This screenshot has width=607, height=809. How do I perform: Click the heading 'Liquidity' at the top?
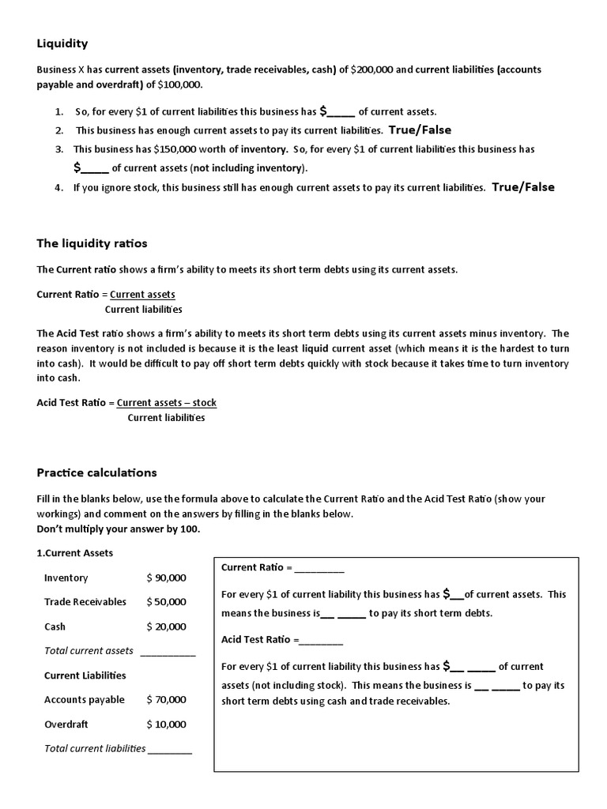coord(62,43)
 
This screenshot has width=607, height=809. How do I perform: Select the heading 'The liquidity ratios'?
coord(92,243)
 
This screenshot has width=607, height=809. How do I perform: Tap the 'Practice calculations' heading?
coord(96,472)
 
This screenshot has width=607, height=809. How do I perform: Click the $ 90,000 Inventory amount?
coord(167,578)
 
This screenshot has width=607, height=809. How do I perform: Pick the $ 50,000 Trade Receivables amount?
coord(167,602)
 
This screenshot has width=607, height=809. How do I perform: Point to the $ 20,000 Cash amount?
coord(167,627)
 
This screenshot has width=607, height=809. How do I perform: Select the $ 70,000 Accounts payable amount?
coord(167,699)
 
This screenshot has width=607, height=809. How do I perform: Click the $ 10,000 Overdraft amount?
coord(167,724)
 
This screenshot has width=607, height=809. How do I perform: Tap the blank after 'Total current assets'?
coord(168,653)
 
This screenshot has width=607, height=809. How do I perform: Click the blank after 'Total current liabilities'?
coord(170,750)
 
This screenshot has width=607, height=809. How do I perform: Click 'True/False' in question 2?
coord(420,130)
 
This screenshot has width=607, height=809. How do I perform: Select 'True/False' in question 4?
coord(523,187)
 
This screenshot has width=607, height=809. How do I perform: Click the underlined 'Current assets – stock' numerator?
coord(167,403)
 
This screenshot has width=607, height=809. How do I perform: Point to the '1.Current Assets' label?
coord(75,553)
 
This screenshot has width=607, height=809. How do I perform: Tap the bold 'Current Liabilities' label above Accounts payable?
coord(85,675)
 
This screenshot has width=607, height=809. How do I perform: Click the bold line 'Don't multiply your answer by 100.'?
coord(119,529)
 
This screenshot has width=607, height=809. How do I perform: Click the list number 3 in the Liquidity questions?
coord(59,149)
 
